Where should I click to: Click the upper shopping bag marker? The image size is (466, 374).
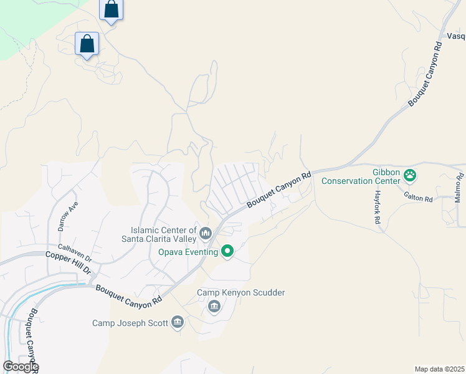(x=111, y=9)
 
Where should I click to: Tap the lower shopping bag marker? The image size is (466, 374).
(x=87, y=44)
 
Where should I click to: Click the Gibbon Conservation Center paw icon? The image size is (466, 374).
(x=410, y=176)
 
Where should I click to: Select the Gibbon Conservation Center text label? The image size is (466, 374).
(x=360, y=176)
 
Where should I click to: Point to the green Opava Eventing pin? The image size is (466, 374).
(x=227, y=251)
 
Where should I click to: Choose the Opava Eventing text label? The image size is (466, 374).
(x=188, y=251)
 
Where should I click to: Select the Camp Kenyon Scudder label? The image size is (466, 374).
(x=241, y=292)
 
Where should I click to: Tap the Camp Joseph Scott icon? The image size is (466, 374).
(x=178, y=322)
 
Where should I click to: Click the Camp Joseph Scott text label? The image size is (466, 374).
(x=130, y=323)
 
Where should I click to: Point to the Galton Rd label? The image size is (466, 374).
(x=418, y=198)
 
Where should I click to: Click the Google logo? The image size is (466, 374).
(x=21, y=366)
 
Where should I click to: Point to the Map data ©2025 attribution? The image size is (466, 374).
(x=439, y=369)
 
